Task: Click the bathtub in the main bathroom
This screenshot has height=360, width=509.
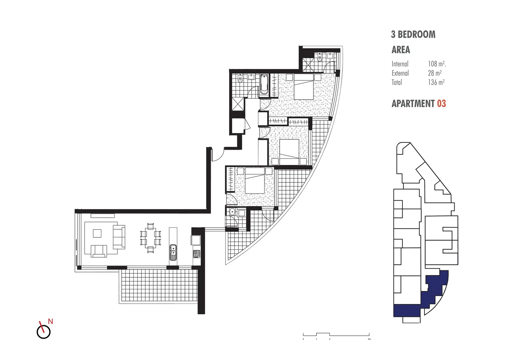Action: point(264,84)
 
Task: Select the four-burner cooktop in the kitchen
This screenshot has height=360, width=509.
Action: point(196,254)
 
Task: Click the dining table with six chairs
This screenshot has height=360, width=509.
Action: point(151,238)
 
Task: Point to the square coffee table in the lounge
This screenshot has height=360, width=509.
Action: point(97,233)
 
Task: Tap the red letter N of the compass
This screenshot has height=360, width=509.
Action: point(51,321)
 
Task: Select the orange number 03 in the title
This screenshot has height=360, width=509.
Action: point(441,104)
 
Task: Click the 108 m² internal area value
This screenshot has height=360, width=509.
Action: point(437,64)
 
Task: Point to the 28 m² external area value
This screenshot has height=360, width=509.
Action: point(435,73)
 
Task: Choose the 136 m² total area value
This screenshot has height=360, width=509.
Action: point(436,82)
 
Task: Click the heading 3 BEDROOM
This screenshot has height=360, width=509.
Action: point(413,34)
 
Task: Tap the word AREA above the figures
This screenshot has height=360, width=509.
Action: point(401,50)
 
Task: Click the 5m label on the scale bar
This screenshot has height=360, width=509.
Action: point(369,339)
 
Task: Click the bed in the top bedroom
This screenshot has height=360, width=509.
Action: point(303,87)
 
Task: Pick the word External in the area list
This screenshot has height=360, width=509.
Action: point(400,73)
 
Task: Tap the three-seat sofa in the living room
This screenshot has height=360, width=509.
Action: point(119,237)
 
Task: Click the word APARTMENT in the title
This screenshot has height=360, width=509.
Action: point(413,104)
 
